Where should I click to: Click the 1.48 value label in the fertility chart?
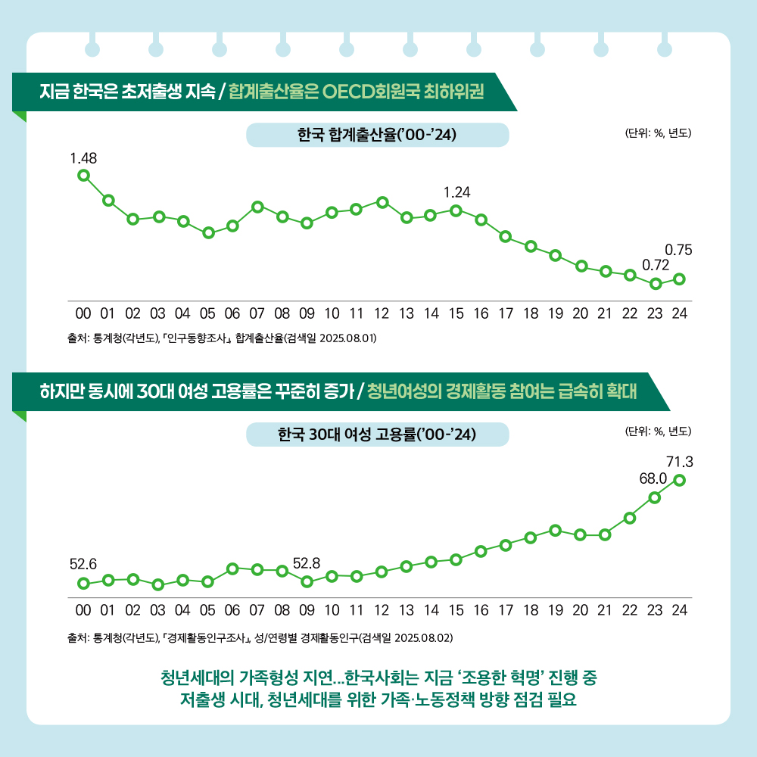(x=83, y=158)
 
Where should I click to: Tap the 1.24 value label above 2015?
(x=456, y=193)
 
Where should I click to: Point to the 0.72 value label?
(x=655, y=266)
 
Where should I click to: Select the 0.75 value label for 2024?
(x=678, y=249)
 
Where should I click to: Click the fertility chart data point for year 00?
(x=83, y=176)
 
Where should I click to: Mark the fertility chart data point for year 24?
(x=679, y=279)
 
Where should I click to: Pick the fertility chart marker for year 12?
(x=382, y=202)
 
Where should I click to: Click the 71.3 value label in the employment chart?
(x=680, y=461)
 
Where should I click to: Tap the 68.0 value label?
(x=653, y=478)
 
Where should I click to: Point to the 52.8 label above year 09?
(x=307, y=564)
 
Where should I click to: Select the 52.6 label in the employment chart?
(x=83, y=564)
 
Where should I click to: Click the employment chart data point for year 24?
(x=679, y=480)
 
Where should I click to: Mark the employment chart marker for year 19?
(x=555, y=530)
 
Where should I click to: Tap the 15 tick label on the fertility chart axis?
(x=456, y=312)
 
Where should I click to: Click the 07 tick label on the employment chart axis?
(x=257, y=609)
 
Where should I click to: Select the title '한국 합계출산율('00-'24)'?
(x=377, y=136)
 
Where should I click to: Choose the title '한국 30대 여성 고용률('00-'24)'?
(x=377, y=435)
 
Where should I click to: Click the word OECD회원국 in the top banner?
(x=382, y=92)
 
